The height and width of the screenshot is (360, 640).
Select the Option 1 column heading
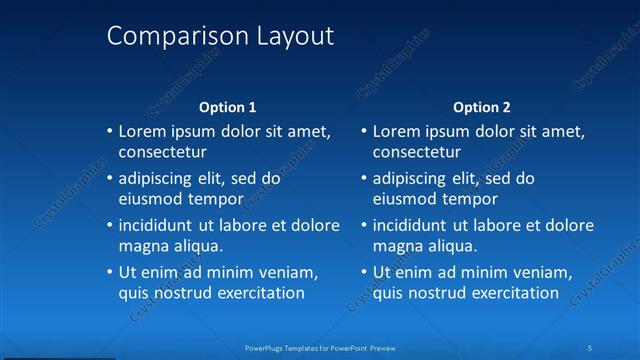[x=228, y=107]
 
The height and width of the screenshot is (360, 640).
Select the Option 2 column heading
[x=482, y=107]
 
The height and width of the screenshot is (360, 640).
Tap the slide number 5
[x=591, y=347]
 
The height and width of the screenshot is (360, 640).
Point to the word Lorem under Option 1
[x=141, y=131]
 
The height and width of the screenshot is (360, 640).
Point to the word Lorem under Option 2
[x=395, y=131]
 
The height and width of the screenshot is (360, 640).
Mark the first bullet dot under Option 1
[x=110, y=131]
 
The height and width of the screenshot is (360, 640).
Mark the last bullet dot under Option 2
[x=364, y=272]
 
